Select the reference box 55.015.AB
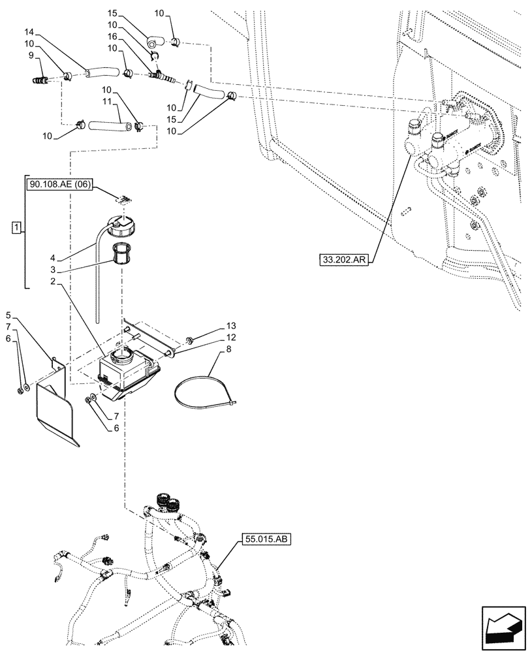pos(267,539)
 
